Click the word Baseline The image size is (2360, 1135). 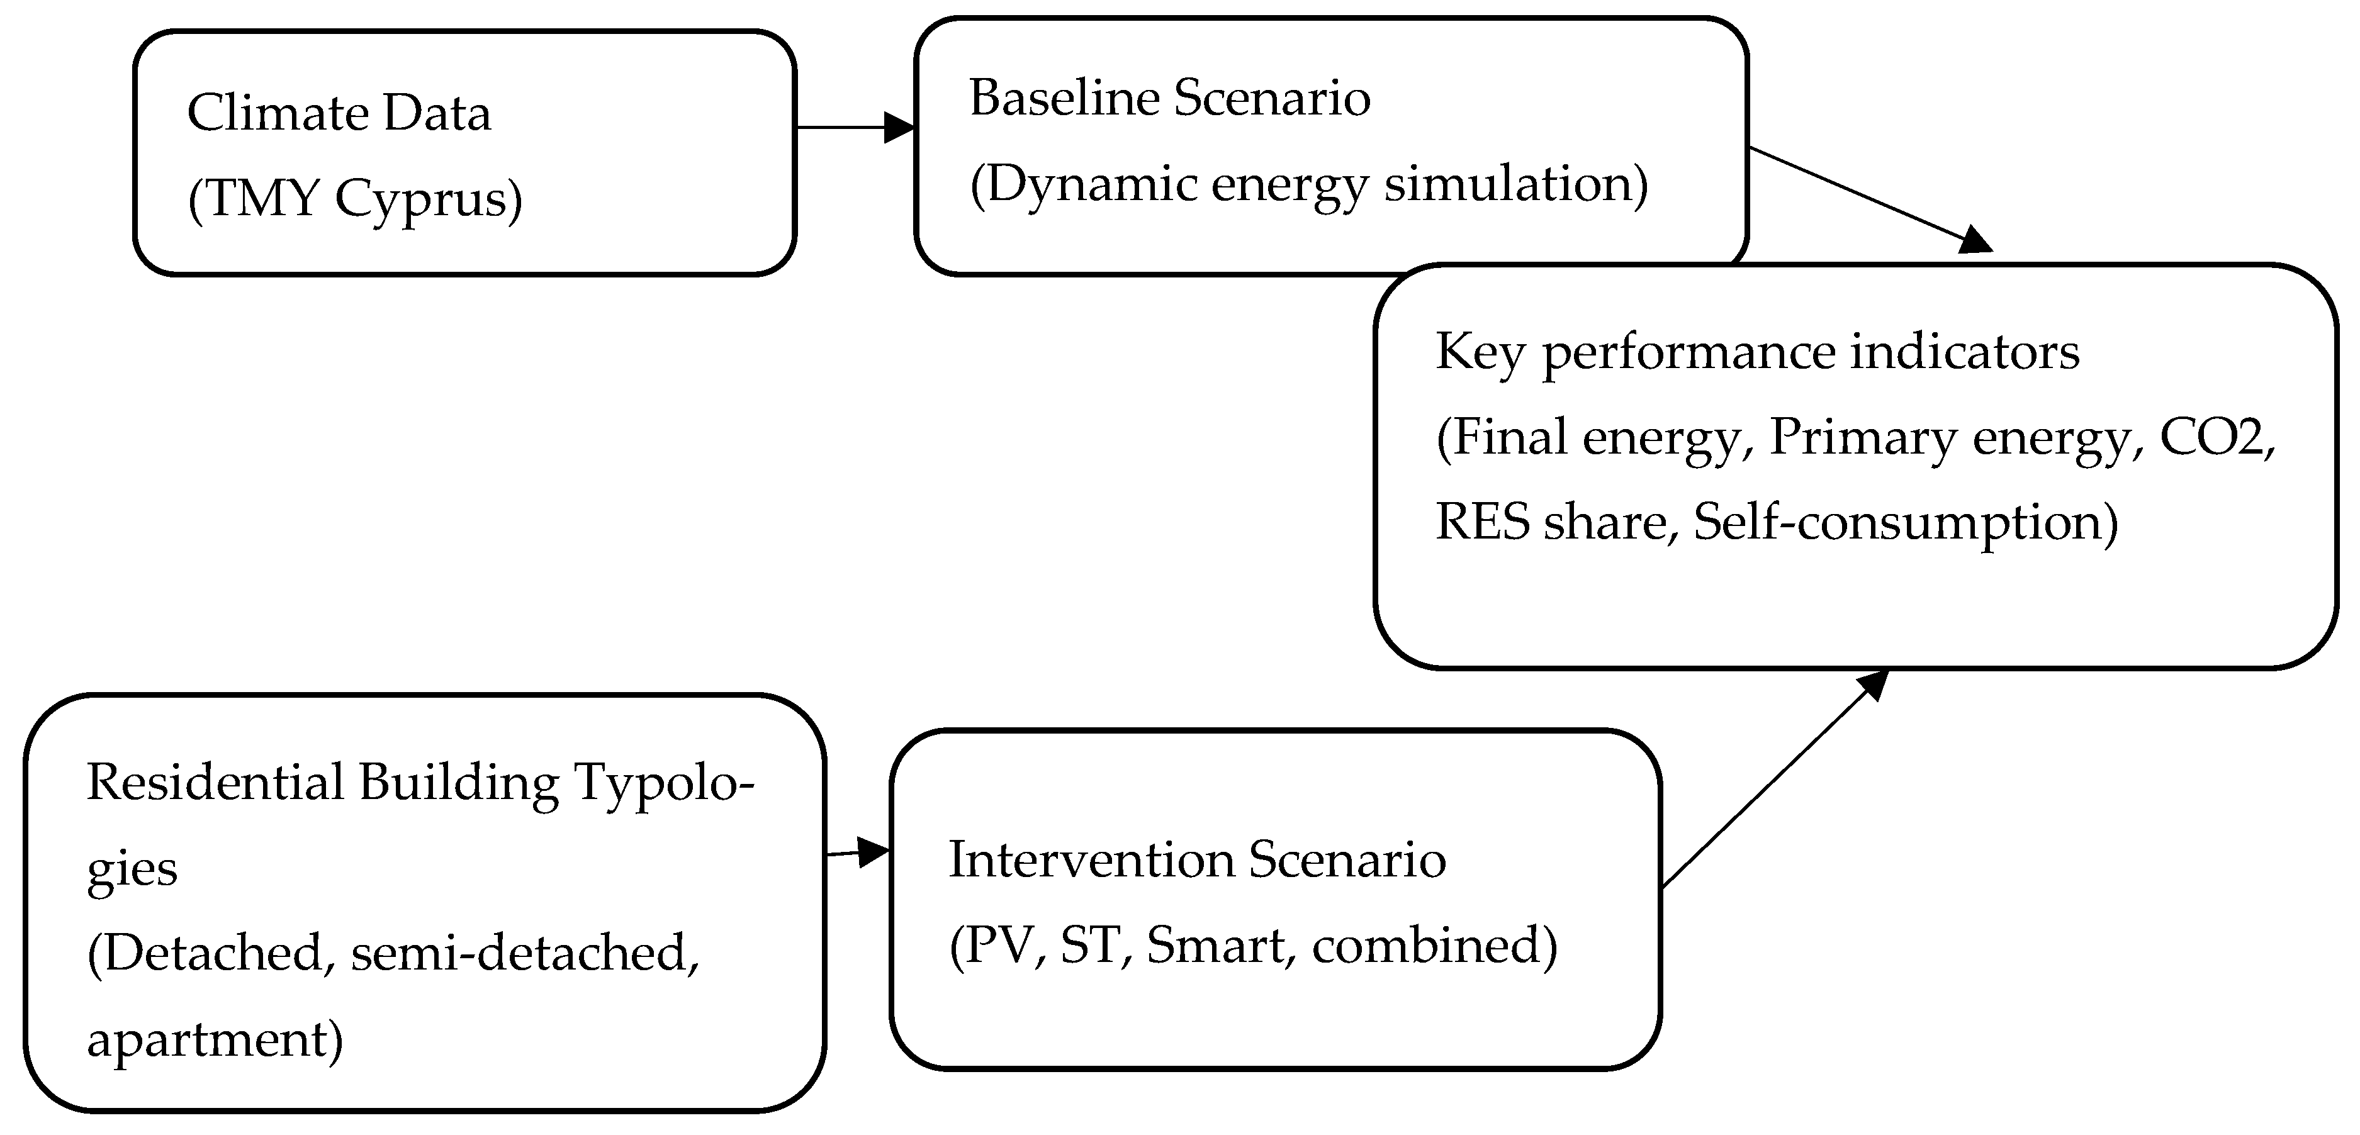pyautogui.click(x=1064, y=98)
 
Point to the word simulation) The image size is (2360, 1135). pyautogui.click(x=1515, y=184)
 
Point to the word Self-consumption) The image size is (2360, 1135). pyautogui.click(x=1906, y=523)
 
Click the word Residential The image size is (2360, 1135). pyautogui.click(x=215, y=783)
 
